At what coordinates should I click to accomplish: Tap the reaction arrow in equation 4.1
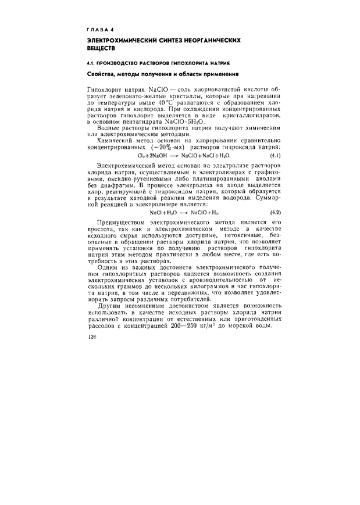point(173,156)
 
